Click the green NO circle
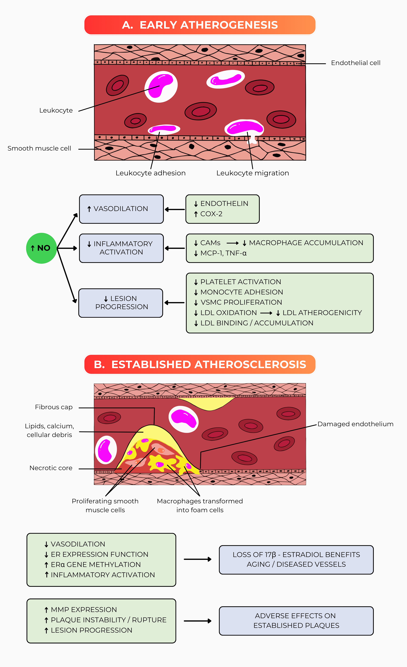click(x=41, y=248)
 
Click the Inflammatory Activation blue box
click(x=121, y=248)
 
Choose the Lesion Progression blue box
click(x=121, y=303)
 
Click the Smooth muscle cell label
click(x=39, y=148)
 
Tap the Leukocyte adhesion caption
click(x=151, y=173)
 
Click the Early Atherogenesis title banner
click(x=200, y=25)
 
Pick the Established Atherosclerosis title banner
click(x=200, y=364)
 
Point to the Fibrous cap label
click(x=54, y=407)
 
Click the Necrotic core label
click(x=51, y=468)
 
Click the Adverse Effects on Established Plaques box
click(x=296, y=621)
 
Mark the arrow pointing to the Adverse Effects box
click(x=197, y=621)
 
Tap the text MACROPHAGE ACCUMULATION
click(x=306, y=243)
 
